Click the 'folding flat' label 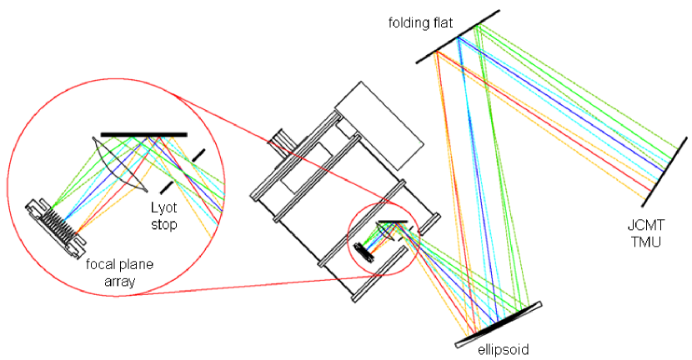point(424,21)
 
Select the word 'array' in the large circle point(116,282)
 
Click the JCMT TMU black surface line point(664,171)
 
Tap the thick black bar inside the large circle point(143,134)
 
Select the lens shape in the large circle point(116,166)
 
